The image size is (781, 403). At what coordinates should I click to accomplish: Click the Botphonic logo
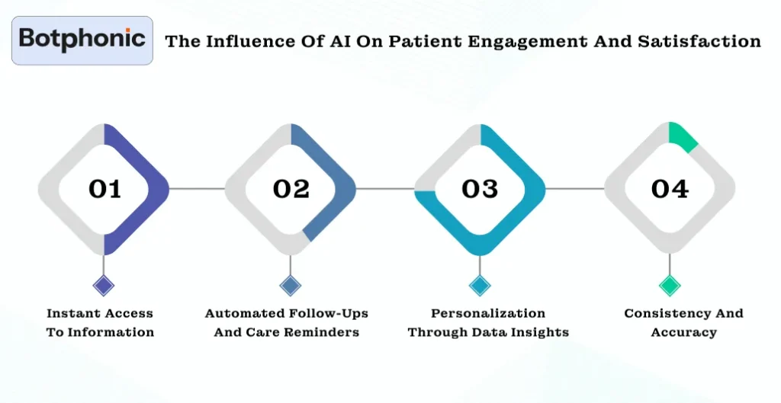pos(82,40)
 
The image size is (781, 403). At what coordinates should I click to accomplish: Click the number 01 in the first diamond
pos(104,189)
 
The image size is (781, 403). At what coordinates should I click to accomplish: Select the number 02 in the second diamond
pos(291,189)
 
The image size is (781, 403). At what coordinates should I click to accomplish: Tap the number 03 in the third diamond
pos(480,189)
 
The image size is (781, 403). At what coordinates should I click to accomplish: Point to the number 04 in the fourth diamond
pos(670,189)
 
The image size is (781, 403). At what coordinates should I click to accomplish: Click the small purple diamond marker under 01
pos(103,286)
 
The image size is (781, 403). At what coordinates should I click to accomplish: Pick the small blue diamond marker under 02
pos(290,286)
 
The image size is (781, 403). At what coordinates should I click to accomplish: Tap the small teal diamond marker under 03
pos(479,286)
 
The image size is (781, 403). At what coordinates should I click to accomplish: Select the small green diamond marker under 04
pos(670,286)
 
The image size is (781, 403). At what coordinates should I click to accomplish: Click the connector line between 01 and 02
pos(197,188)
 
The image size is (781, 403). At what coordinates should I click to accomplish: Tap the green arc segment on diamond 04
pos(683,136)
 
